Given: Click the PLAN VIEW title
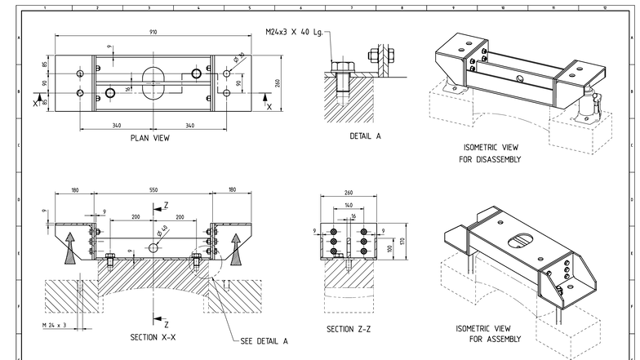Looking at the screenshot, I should [150, 138].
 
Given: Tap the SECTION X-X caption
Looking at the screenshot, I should [154, 336].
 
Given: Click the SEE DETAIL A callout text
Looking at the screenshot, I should [264, 340].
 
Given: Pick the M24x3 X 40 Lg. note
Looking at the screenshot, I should [294, 32].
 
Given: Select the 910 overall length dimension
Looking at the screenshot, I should [153, 32].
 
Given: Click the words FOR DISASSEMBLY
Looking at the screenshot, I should [490, 159].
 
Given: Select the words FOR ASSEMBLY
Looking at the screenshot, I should [487, 338].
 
